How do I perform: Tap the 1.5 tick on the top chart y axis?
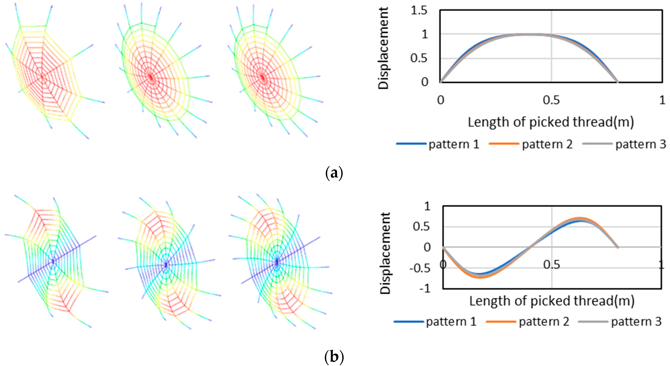pos(419,11)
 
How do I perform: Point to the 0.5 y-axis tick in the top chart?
pos(419,58)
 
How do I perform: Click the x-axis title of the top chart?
pos(551,122)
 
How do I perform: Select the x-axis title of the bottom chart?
pos(552,301)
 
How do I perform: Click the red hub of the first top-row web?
pos(42,76)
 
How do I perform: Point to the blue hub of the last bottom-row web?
pos(277,261)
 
